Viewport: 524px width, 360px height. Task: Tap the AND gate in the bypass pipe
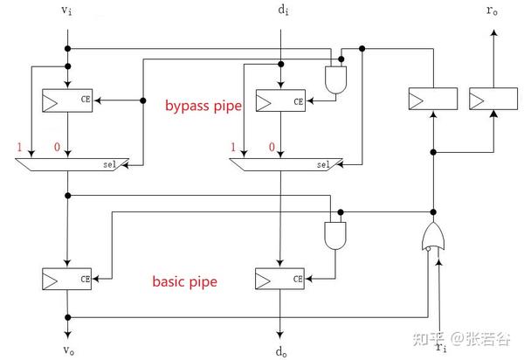[335, 81]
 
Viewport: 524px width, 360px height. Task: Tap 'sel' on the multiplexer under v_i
[114, 163]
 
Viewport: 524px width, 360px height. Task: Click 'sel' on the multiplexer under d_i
[324, 163]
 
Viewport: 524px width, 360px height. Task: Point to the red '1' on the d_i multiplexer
[232, 147]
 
